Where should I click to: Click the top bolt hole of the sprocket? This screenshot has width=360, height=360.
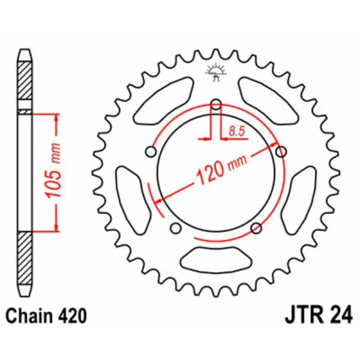coord(217,106)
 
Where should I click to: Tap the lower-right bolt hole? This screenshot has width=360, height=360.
coord(256,227)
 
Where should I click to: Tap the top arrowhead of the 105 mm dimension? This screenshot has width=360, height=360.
coord(57,118)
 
